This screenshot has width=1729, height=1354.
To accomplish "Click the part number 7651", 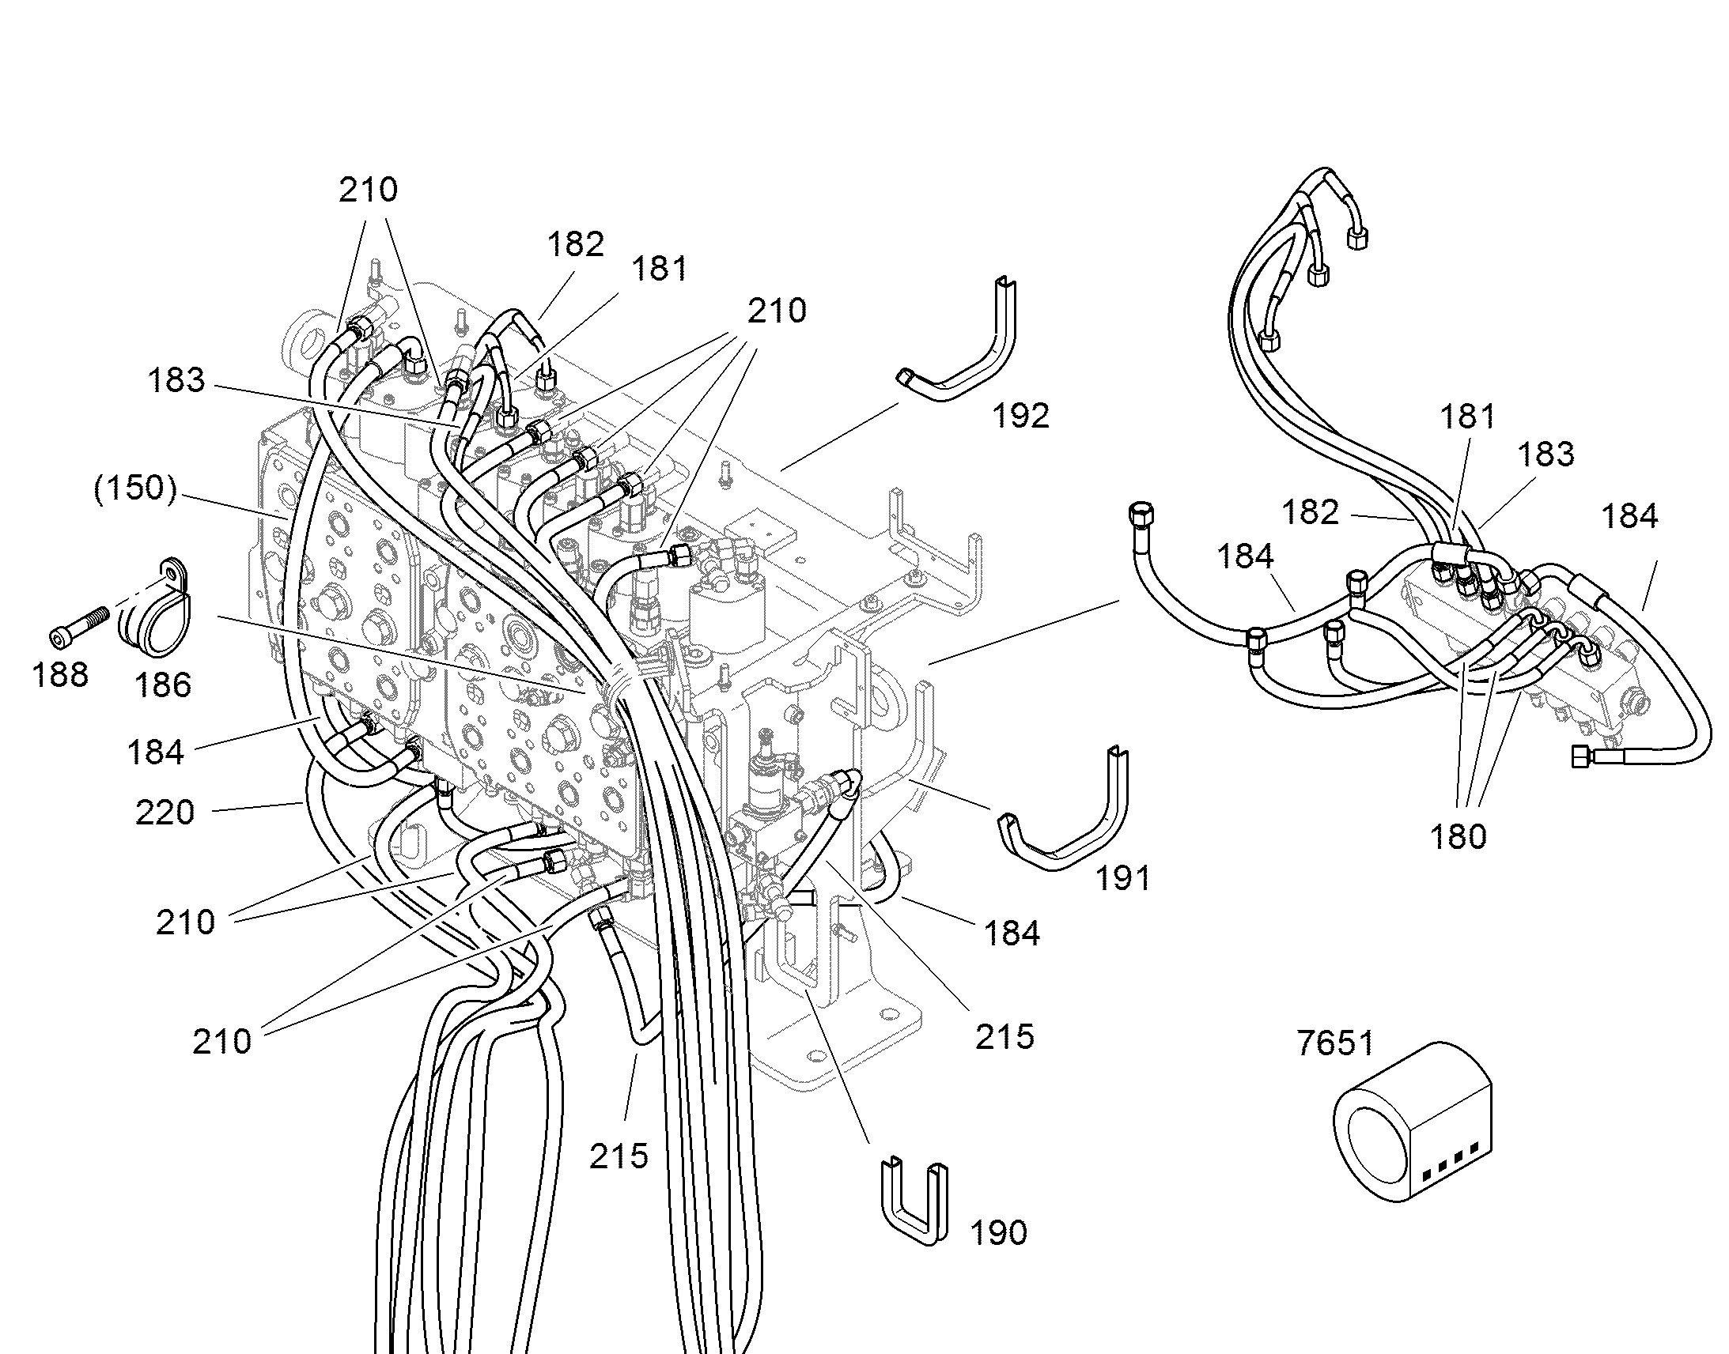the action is point(1335,1043).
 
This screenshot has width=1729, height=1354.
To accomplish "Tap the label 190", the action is point(998,1233).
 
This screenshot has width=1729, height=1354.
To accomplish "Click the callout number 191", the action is point(1122,877).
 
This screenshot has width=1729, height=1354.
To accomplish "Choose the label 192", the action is point(1021,416).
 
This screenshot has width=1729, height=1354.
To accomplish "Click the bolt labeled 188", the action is point(78,627).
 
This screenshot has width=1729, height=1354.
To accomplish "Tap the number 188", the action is point(60,675).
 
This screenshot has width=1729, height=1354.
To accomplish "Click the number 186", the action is point(163,685).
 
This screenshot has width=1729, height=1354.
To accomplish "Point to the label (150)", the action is point(134,488).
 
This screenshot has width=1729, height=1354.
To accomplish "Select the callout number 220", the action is point(165,813).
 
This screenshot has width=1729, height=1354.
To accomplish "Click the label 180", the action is point(1458,836).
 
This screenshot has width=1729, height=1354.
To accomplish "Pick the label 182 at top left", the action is point(576,244).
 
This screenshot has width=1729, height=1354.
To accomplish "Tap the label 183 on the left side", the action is point(176,380).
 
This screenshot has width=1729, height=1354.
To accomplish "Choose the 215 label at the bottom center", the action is point(619,1156).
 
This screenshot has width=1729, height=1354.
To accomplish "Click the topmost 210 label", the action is point(368,190).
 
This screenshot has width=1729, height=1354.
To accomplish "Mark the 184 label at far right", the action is point(1630,516).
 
